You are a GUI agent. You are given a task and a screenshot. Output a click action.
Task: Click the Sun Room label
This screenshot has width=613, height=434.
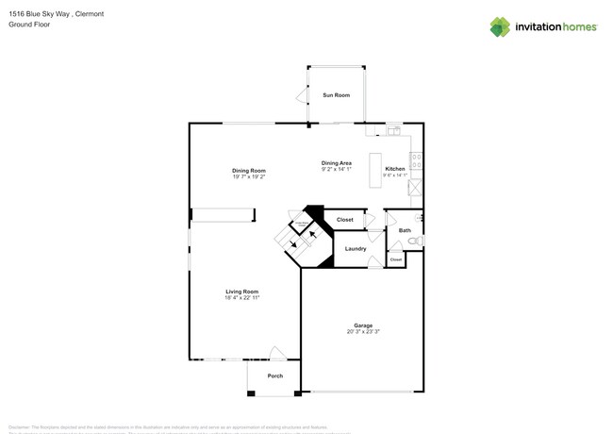coord(336,95)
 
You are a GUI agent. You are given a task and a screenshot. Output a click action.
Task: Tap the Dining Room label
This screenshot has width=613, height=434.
coord(249,171)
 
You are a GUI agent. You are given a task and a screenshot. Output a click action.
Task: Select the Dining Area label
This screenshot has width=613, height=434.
coord(336,163)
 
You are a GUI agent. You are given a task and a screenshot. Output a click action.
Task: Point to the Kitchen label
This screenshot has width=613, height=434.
coord(395,169)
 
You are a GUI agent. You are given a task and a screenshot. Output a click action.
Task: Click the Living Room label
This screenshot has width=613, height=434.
coord(241,292)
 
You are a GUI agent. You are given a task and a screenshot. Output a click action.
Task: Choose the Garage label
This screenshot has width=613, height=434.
coord(363,325)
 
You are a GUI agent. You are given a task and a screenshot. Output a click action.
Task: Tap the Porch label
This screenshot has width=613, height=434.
coord(274,376)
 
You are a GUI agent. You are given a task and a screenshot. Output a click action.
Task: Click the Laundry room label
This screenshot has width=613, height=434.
coord(356,248)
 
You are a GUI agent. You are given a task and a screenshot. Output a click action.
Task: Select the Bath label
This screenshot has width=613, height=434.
coord(405,230)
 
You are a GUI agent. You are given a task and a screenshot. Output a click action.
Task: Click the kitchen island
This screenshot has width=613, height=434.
coord(374,169)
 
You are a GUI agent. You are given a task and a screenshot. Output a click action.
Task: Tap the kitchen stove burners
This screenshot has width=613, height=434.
coord(416,159)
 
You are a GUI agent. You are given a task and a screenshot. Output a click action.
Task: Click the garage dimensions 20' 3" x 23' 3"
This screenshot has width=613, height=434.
coord(363,332)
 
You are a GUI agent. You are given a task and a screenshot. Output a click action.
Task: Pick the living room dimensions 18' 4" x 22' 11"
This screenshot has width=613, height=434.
coord(241,298)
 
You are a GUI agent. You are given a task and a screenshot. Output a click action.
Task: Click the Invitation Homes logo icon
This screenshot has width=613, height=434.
coord(499,26)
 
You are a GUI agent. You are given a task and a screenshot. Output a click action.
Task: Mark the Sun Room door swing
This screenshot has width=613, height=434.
coord(302,95)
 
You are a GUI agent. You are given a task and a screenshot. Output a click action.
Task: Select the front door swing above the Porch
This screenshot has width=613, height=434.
coord(277,354)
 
